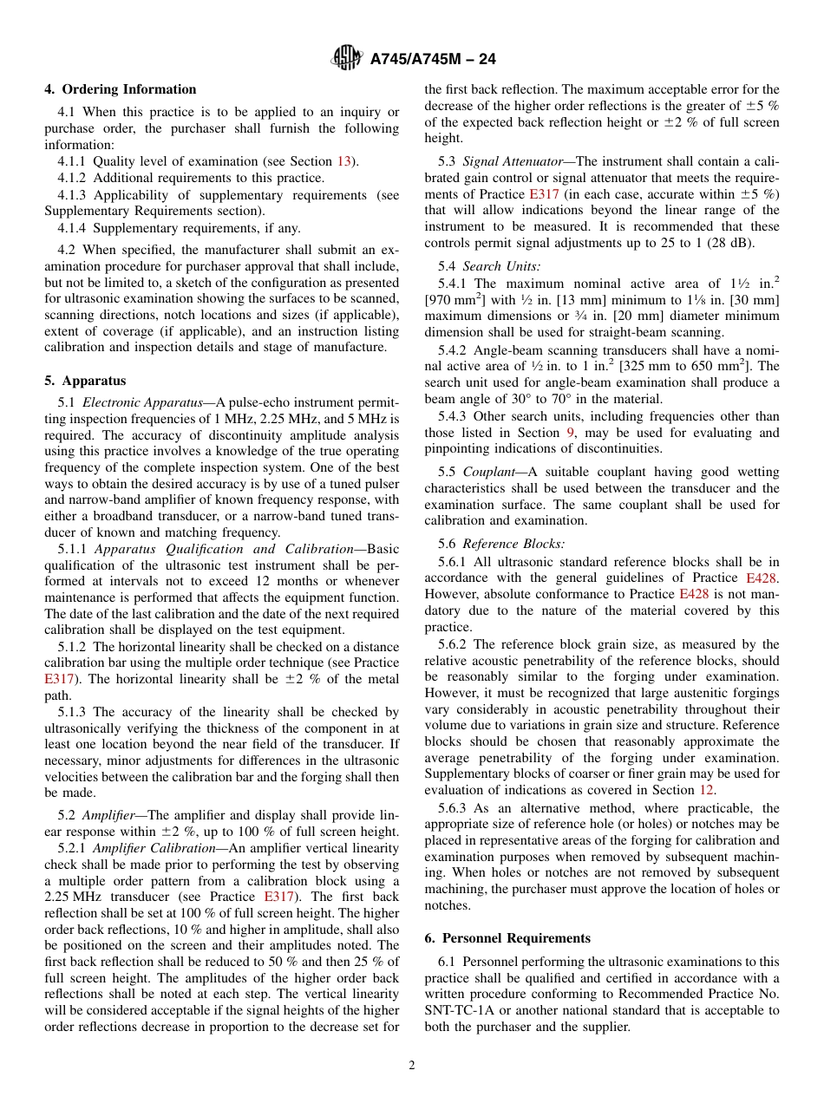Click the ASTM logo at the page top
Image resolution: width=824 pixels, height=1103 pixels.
click(x=348, y=59)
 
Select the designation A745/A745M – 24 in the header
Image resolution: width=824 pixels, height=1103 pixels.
click(x=433, y=59)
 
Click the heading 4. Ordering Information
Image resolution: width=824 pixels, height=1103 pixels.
click(x=121, y=89)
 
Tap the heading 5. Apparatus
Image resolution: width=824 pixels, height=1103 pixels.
click(x=85, y=381)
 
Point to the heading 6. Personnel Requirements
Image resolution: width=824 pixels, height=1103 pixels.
click(x=507, y=938)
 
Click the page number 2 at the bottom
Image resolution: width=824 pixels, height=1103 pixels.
click(x=412, y=1066)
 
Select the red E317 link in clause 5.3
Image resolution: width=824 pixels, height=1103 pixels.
click(x=543, y=194)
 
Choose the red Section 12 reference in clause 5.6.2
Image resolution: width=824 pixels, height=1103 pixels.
click(x=707, y=790)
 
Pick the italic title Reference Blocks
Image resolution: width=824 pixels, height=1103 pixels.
click(x=513, y=544)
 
